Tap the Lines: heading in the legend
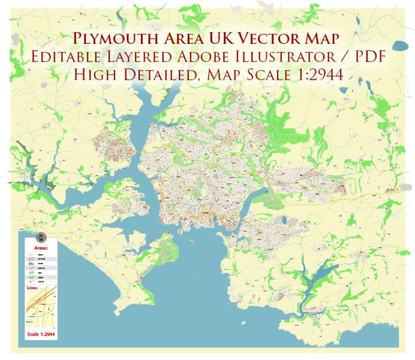click(32, 287)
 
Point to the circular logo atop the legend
click(41, 236)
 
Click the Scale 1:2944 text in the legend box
click(41, 334)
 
